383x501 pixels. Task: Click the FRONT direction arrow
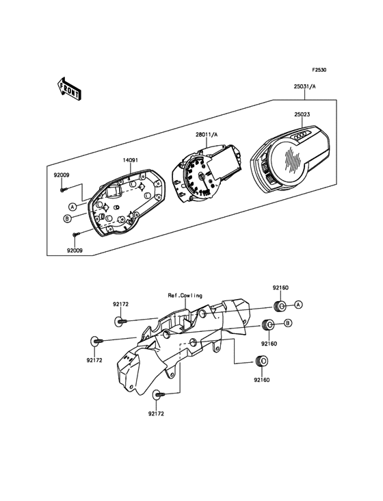68,88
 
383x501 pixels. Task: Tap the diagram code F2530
319,70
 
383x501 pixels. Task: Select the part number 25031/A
304,86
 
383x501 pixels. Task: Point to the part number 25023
302,114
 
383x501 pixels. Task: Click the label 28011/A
207,135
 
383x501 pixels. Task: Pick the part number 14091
131,159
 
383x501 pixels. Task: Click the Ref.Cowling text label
185,296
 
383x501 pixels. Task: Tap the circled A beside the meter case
72,207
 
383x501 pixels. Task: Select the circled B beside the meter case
67,218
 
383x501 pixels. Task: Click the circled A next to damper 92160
298,305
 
